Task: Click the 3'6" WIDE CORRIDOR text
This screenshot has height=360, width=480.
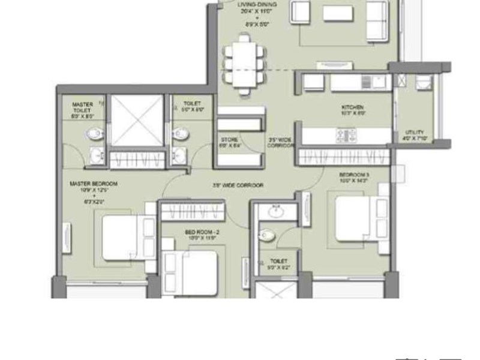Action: coord(238,185)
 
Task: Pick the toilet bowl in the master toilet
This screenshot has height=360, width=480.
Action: coord(94,133)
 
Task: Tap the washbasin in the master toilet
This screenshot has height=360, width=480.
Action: coord(95,157)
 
